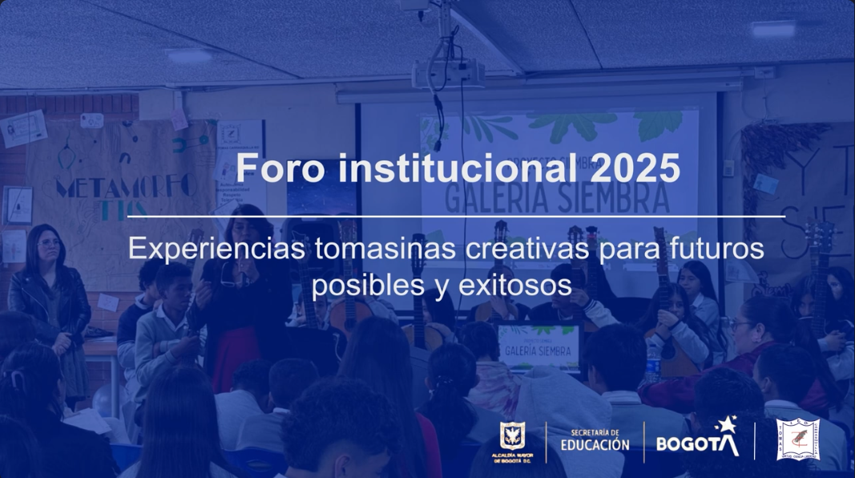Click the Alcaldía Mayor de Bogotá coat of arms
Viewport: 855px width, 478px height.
click(513, 438)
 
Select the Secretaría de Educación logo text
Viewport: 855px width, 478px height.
click(595, 440)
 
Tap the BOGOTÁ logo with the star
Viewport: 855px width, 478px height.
click(698, 440)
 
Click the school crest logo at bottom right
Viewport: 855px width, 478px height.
click(797, 440)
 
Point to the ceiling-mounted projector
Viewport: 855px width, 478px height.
click(449, 75)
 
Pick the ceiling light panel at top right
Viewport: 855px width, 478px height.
click(772, 27)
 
